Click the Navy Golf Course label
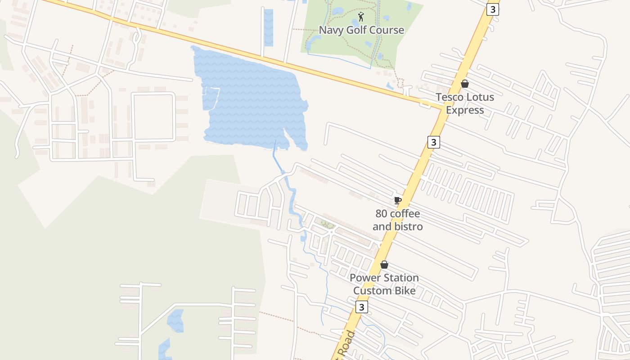click(x=361, y=30)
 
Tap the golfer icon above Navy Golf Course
click(x=361, y=17)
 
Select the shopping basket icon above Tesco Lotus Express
click(x=465, y=84)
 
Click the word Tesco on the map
click(x=450, y=97)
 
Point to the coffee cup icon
click(x=397, y=200)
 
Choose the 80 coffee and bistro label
click(x=398, y=220)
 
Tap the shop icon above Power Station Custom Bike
click(x=384, y=265)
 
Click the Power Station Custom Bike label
click(x=384, y=284)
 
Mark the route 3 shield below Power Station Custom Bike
click(x=361, y=307)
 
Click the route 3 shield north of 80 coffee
click(x=433, y=142)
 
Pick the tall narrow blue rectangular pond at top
click(x=269, y=27)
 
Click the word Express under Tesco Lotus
click(x=465, y=110)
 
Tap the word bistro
click(x=408, y=226)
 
